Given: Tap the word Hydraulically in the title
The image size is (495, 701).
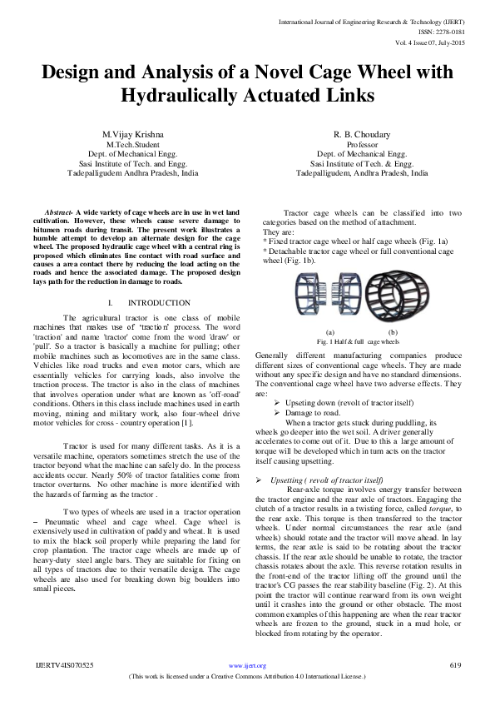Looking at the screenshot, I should pyautogui.click(x=212, y=97).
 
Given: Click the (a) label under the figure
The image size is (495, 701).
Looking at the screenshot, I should pyautogui.click(x=329, y=332).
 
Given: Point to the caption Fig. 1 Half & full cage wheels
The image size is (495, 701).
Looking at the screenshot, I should pyautogui.click(x=359, y=341).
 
